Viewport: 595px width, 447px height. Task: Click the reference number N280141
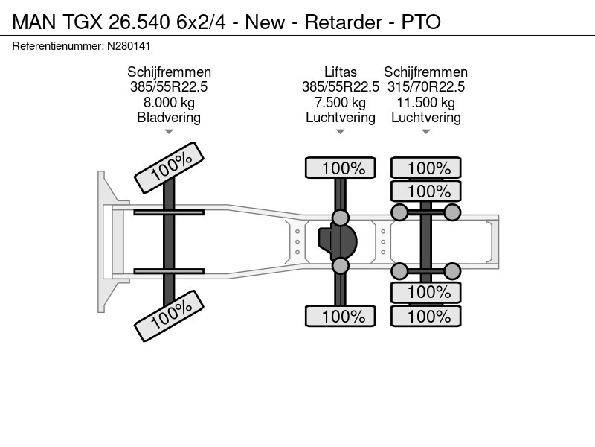click(129, 46)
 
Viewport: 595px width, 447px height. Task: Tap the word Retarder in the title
click(343, 22)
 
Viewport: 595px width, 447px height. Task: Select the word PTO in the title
click(421, 22)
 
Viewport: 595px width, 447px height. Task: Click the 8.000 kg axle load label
click(169, 103)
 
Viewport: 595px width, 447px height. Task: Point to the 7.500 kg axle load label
click(341, 103)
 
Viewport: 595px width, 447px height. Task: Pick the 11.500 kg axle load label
click(425, 103)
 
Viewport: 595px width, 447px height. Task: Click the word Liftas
click(341, 72)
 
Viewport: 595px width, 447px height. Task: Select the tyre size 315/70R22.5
click(425, 87)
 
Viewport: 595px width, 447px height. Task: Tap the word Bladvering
click(169, 118)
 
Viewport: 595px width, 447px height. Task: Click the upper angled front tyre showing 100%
click(170, 168)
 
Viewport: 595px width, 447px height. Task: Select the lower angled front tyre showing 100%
click(170, 316)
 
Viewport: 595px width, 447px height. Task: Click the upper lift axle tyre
click(341, 168)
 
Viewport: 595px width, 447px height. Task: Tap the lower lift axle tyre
click(341, 316)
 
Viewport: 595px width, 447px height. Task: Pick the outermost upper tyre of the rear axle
click(425, 168)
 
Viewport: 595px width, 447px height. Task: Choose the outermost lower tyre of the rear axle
click(425, 316)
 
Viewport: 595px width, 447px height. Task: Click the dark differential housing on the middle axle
click(338, 241)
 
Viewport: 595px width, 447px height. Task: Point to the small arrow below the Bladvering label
click(169, 132)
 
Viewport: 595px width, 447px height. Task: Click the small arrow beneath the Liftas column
click(341, 132)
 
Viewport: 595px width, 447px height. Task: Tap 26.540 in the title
click(139, 22)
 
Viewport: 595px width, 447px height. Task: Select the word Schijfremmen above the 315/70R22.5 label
click(425, 72)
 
